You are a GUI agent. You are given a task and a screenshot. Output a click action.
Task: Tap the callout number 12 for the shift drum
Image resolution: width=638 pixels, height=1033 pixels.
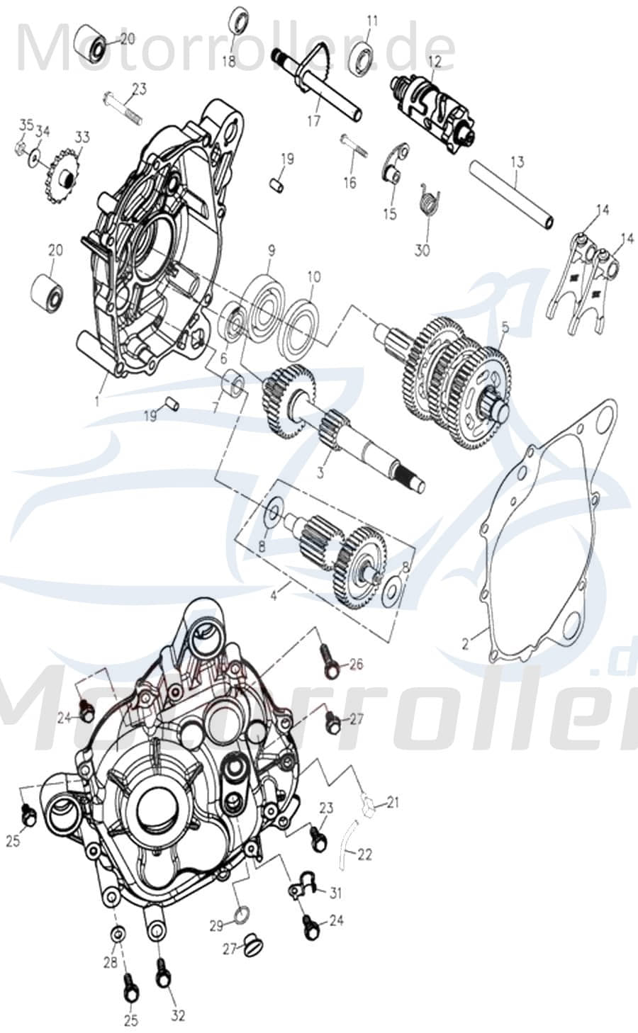pos(434,62)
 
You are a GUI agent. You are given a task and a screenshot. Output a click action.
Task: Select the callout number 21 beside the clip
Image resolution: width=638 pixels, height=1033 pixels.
pos(392,803)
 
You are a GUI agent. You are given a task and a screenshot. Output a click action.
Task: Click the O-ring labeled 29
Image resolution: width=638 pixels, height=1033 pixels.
pos(241,914)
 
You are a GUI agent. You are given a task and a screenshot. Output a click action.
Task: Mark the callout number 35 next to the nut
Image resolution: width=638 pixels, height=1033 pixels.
pos(26,125)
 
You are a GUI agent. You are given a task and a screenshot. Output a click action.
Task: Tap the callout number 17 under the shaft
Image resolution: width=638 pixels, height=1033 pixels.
pos(313,121)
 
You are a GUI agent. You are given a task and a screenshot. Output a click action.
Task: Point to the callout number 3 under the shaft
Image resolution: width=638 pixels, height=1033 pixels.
pos(320,473)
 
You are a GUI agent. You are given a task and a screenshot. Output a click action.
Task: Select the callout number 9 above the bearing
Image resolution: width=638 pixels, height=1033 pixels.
pos(271,250)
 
